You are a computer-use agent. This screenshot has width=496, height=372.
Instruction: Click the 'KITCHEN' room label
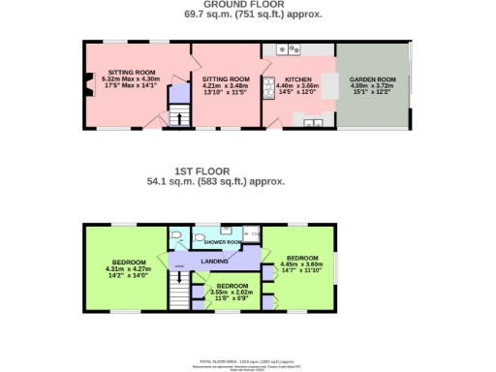click(x=297, y=78)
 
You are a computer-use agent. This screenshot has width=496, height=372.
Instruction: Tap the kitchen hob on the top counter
click(x=288, y=47)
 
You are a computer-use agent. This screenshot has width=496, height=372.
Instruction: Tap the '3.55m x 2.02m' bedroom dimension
click(x=231, y=292)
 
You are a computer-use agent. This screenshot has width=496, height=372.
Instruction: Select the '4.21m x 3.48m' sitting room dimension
click(x=226, y=85)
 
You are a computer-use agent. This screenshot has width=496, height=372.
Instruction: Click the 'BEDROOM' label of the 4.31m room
click(x=129, y=262)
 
